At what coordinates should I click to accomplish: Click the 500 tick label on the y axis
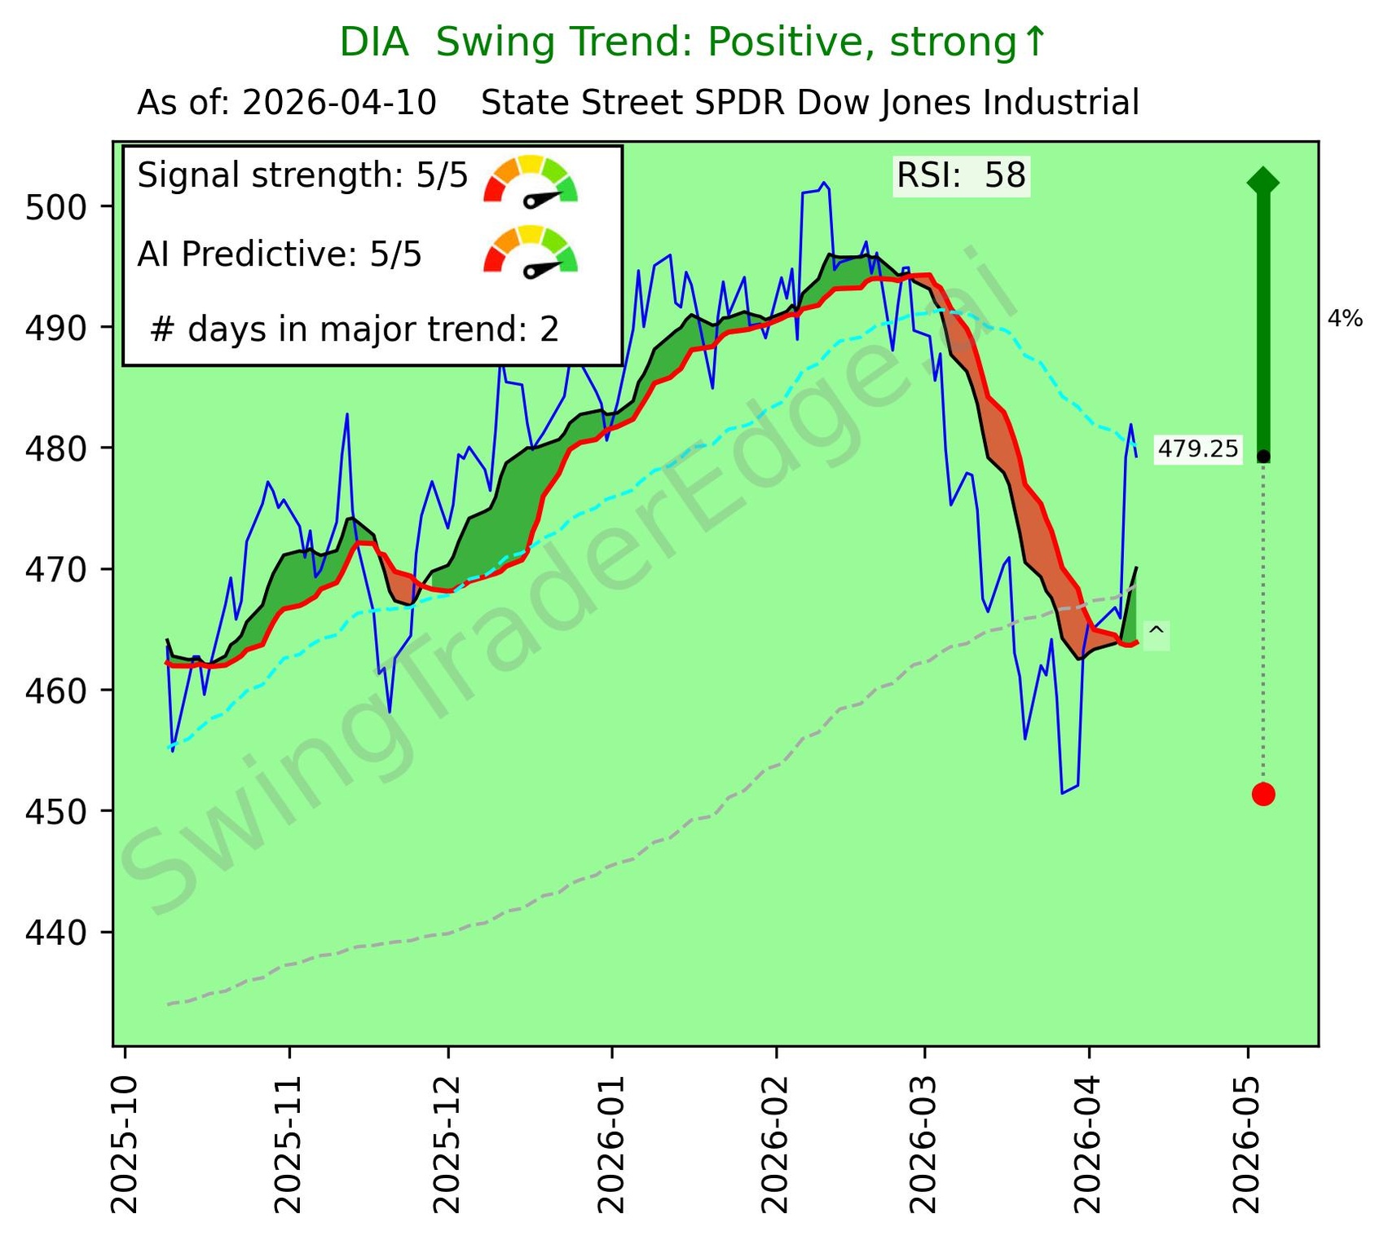tap(55, 207)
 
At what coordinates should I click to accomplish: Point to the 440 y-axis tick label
tap(55, 932)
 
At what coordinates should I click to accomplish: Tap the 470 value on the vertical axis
tap(55, 569)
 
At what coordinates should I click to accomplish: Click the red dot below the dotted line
tap(1262, 793)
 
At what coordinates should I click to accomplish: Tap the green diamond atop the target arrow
tap(1262, 182)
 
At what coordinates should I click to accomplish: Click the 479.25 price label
tap(1197, 449)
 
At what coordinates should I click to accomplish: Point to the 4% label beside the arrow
tap(1345, 319)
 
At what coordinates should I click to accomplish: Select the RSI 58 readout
tap(961, 176)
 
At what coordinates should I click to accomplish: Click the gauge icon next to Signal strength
tap(531, 179)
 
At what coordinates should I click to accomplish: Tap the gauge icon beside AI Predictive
tap(531, 251)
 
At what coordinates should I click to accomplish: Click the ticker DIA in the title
tap(374, 42)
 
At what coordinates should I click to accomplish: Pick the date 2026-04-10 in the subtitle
tap(339, 104)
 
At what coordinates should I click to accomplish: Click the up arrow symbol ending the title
tap(1033, 42)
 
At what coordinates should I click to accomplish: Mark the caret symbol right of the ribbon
tap(1156, 632)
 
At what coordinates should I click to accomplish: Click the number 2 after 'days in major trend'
tap(549, 329)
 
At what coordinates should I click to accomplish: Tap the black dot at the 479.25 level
tap(1262, 457)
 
